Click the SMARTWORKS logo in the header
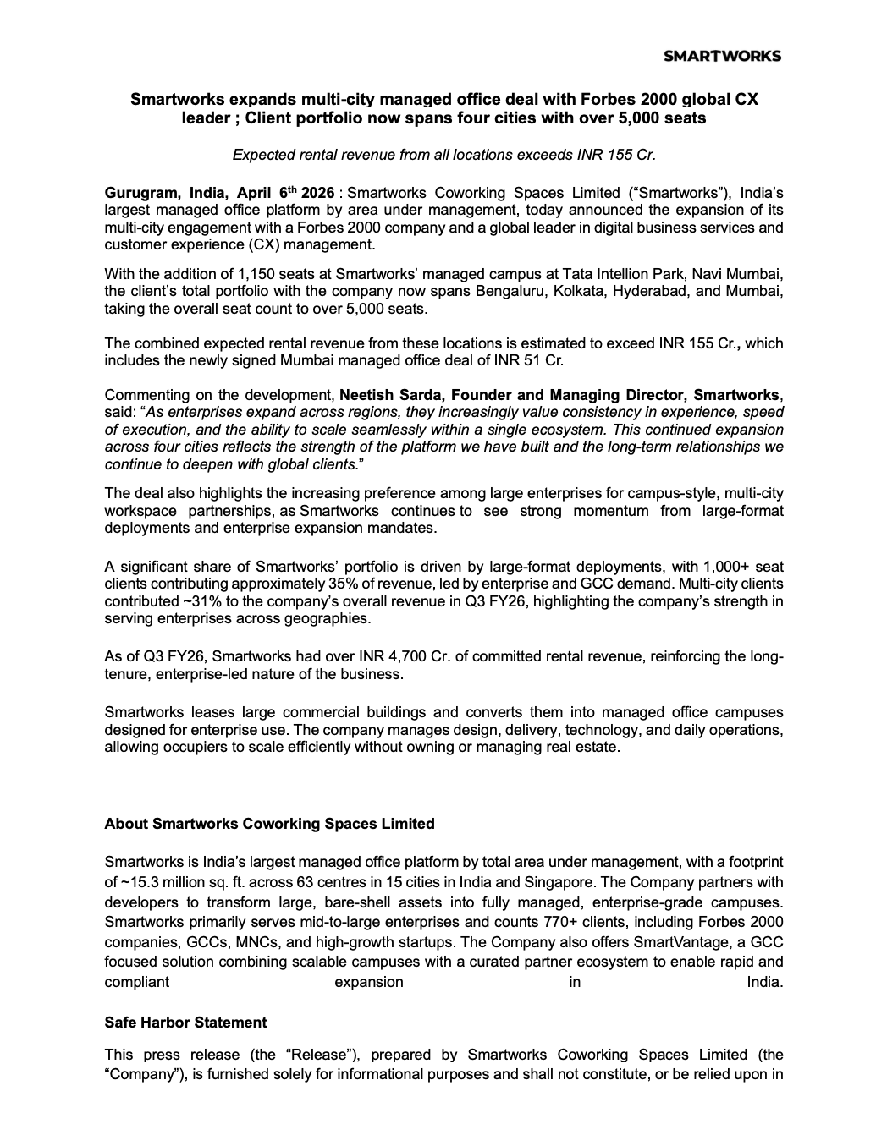(x=722, y=56)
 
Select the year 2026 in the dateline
(x=319, y=193)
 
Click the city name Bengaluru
(x=508, y=292)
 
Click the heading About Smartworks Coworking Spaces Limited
(x=269, y=824)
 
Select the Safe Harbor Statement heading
(x=185, y=1023)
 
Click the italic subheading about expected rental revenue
(x=443, y=155)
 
